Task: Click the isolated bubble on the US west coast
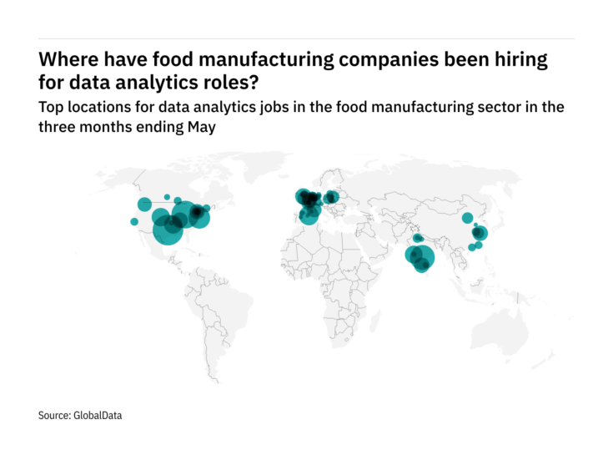tap(134, 221)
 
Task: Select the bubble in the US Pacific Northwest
tap(144, 204)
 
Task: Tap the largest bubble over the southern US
tap(168, 231)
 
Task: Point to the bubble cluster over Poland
tap(332, 198)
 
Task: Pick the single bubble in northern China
tap(467, 218)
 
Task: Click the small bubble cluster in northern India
tap(417, 237)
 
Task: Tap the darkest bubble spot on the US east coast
tap(198, 215)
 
